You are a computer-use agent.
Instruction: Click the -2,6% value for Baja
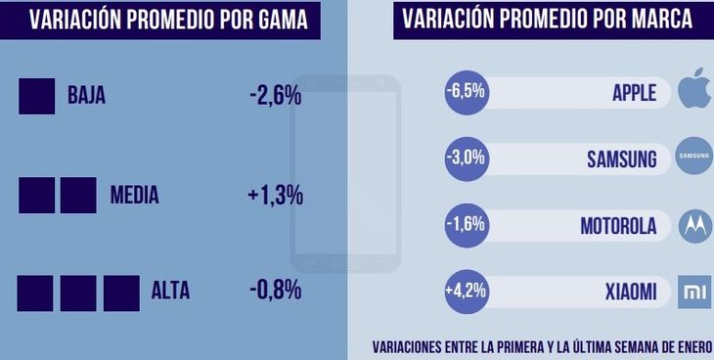click(x=276, y=95)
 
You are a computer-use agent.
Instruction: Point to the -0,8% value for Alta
click(x=275, y=290)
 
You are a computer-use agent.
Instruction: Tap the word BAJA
click(x=86, y=96)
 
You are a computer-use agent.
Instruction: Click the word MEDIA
click(x=134, y=196)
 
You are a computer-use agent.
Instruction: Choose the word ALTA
click(x=170, y=291)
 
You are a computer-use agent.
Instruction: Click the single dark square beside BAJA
click(x=36, y=96)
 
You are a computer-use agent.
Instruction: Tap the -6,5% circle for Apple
click(x=466, y=92)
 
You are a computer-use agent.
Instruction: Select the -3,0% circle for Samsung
click(x=466, y=158)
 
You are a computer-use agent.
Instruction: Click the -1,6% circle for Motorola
click(x=466, y=224)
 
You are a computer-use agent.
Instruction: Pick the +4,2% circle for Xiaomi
click(x=466, y=291)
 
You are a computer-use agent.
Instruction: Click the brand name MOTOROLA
click(x=618, y=226)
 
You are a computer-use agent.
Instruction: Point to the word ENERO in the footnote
click(x=689, y=346)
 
